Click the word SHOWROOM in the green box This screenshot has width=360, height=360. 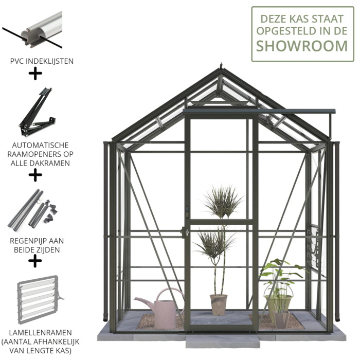coord(302,46)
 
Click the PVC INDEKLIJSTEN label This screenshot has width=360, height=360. coord(42,61)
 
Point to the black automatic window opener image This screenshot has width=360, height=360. coord(37,112)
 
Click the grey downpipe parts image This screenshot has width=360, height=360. coord(32,210)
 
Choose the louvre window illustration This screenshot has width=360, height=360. coord(40,300)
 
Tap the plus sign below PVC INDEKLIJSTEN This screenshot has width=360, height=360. coord(35,74)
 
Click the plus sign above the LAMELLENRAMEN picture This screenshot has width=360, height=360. coord(35,261)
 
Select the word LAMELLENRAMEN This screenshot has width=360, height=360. coord(41,333)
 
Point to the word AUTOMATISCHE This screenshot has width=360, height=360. coord(41,145)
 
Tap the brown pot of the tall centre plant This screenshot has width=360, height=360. coord(219,304)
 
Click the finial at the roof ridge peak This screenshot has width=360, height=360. coord(221,65)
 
